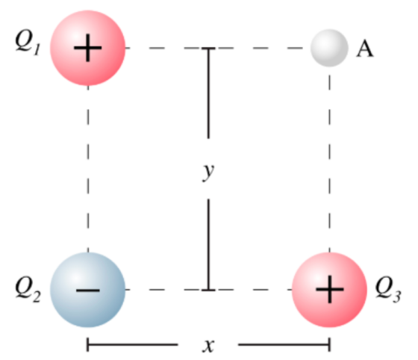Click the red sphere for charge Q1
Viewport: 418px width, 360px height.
pyautogui.click(x=88, y=48)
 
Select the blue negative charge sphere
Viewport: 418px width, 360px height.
pyautogui.click(x=88, y=290)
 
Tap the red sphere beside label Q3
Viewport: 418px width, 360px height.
pyautogui.click(x=329, y=290)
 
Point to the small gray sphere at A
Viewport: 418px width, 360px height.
pyautogui.click(x=329, y=48)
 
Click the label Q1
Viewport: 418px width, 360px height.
pyautogui.click(x=28, y=43)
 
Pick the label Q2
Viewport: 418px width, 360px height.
pyautogui.click(x=28, y=290)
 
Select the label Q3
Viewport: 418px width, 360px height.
pyautogui.click(x=388, y=290)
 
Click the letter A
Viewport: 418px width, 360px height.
pyautogui.click(x=365, y=49)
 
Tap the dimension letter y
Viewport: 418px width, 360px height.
pyautogui.click(x=208, y=172)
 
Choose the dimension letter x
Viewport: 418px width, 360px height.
pyautogui.click(x=208, y=346)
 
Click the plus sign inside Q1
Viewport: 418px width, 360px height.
pyautogui.click(x=88, y=49)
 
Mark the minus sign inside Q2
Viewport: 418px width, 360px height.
pyautogui.click(x=88, y=290)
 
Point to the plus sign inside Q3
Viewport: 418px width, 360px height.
pyautogui.click(x=330, y=289)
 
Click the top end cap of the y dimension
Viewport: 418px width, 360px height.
pyautogui.click(x=208, y=49)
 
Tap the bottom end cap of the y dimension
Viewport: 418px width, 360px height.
pyautogui.click(x=208, y=290)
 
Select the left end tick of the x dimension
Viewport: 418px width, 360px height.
pyautogui.click(x=87, y=344)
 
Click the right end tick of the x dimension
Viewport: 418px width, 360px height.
pyautogui.click(x=330, y=344)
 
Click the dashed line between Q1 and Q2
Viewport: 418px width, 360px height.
pyautogui.click(x=88, y=169)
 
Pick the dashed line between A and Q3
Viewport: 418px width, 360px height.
pyautogui.click(x=330, y=160)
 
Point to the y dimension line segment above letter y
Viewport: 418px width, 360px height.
pyautogui.click(x=208, y=93)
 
